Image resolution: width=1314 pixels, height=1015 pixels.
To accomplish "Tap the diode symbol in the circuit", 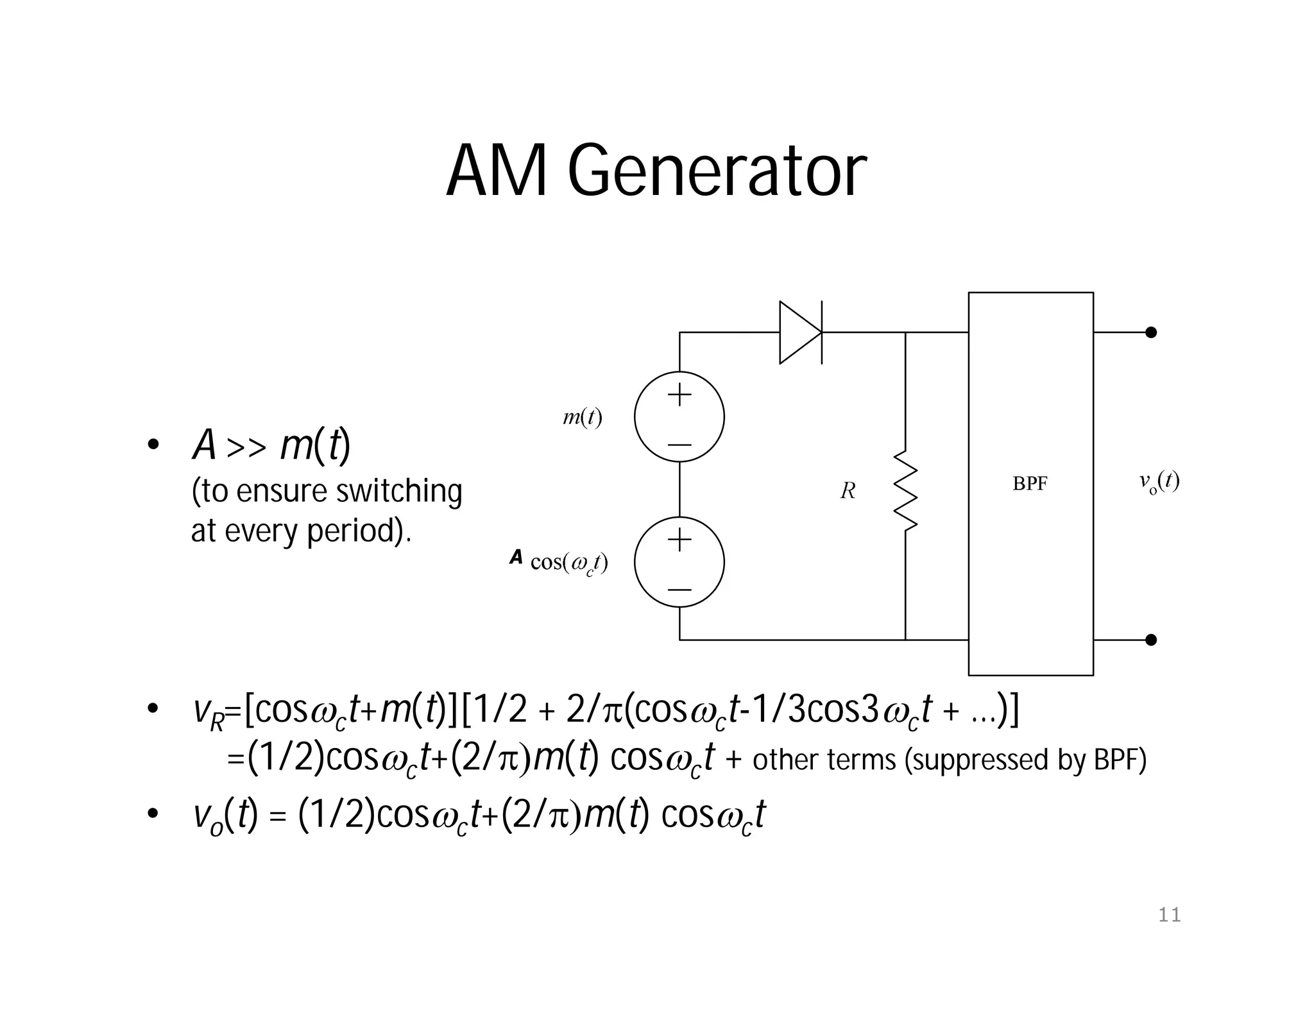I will (800, 332).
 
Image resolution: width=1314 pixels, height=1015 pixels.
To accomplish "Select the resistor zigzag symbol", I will (905, 491).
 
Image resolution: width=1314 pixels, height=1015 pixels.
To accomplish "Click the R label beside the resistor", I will (848, 491).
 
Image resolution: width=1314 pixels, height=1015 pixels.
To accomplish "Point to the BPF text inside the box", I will (1030, 484).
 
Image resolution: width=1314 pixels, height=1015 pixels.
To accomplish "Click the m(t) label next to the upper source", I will (582, 418).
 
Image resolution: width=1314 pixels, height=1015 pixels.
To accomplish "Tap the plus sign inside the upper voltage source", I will (679, 395).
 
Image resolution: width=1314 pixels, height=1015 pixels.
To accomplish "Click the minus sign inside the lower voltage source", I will (679, 589).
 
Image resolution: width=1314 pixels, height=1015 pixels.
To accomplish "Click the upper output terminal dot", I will (1151, 332).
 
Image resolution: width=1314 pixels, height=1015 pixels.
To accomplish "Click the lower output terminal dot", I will (1151, 640).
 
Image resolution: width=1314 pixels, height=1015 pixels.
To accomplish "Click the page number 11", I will (1169, 915).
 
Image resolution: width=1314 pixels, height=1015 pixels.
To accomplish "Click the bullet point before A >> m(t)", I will (153, 445).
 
